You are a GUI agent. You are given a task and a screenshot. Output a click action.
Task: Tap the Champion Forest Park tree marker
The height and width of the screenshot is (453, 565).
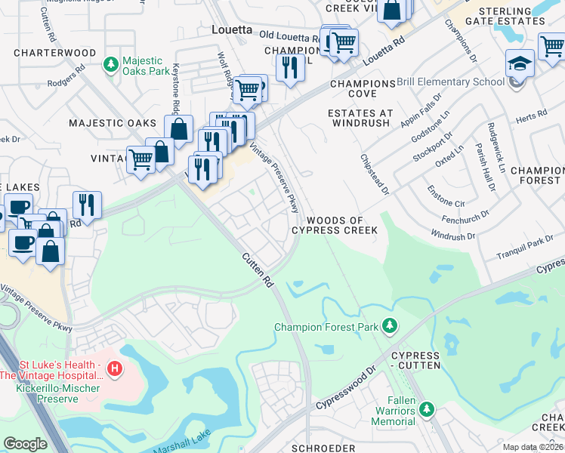(x=389, y=327)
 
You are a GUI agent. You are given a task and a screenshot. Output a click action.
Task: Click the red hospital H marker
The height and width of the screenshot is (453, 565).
(x=114, y=369)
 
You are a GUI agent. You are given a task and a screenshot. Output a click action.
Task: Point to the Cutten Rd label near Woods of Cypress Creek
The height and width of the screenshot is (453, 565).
(x=258, y=270)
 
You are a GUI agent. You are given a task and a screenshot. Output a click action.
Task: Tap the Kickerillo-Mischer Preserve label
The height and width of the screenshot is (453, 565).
(x=47, y=393)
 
